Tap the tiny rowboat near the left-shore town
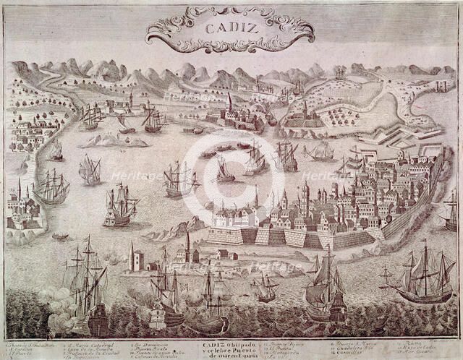61,236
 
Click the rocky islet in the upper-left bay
109,141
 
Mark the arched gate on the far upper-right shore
441,85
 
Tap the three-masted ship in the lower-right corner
423,278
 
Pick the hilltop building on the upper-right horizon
340,72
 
